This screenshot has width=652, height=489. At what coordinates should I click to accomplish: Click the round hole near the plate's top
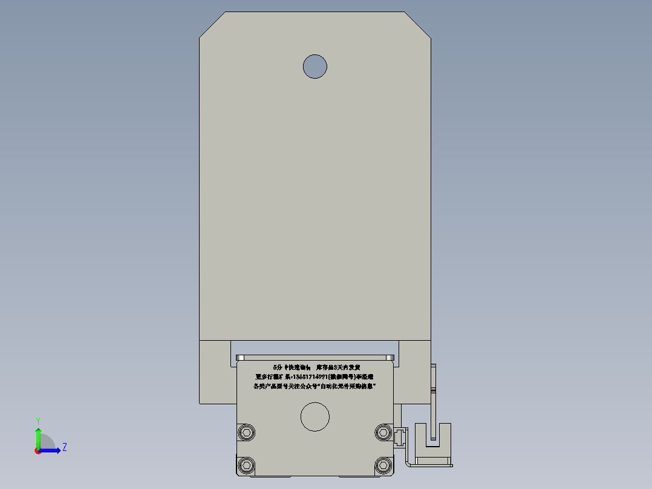point(315,66)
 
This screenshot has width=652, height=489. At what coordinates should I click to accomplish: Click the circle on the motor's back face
point(315,418)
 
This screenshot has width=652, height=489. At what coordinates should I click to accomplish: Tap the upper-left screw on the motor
point(247,432)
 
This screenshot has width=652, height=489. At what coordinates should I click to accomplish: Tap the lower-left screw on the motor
point(247,465)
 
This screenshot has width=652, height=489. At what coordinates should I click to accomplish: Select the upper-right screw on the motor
point(383,432)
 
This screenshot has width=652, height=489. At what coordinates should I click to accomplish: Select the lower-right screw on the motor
point(383,465)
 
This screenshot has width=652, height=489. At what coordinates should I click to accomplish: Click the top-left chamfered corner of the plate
point(212,25)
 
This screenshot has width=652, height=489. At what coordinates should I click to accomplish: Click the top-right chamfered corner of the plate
point(418,25)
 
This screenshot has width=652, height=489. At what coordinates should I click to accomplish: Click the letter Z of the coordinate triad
point(64,447)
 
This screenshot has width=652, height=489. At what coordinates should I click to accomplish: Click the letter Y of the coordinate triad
point(37,420)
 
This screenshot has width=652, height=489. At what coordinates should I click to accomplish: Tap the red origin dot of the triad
point(37,450)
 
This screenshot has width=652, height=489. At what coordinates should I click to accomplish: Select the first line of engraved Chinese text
point(316,367)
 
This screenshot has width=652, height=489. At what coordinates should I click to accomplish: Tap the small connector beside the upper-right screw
point(400,437)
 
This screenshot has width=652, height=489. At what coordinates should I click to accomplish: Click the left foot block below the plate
point(215,372)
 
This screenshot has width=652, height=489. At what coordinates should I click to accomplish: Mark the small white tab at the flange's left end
point(239,357)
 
